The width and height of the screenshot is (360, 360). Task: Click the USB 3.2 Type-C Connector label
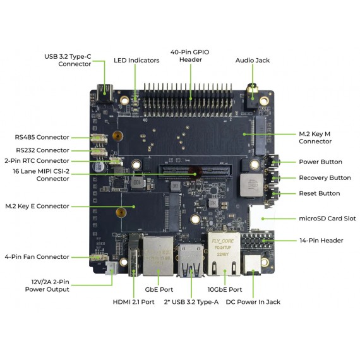click(x=67, y=60)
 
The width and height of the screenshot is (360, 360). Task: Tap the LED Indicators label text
click(x=136, y=61)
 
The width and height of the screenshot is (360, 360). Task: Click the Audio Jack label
click(x=252, y=61)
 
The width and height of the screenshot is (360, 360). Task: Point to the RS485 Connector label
click(x=42, y=137)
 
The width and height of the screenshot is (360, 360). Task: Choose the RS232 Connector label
click(x=42, y=150)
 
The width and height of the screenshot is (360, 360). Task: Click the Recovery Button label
click(x=325, y=178)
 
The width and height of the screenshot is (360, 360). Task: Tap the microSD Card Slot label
click(x=327, y=219)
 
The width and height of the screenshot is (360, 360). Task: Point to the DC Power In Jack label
click(x=253, y=302)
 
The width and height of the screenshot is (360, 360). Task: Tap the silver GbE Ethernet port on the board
click(x=156, y=256)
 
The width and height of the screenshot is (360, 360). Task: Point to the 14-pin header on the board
click(x=259, y=243)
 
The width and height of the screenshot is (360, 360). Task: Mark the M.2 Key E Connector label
click(x=37, y=206)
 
